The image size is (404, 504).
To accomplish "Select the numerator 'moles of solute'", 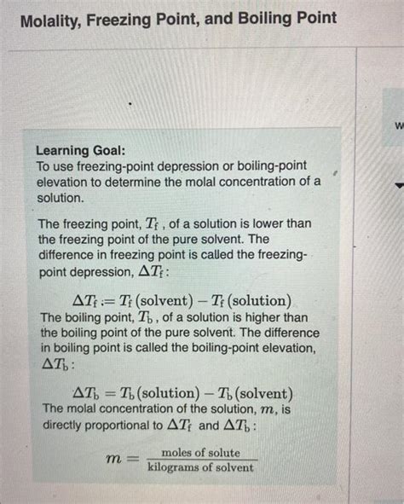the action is (x=200, y=452).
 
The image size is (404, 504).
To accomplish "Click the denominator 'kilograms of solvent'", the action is (x=200, y=467).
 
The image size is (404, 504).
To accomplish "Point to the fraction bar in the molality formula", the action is (x=200, y=461).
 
